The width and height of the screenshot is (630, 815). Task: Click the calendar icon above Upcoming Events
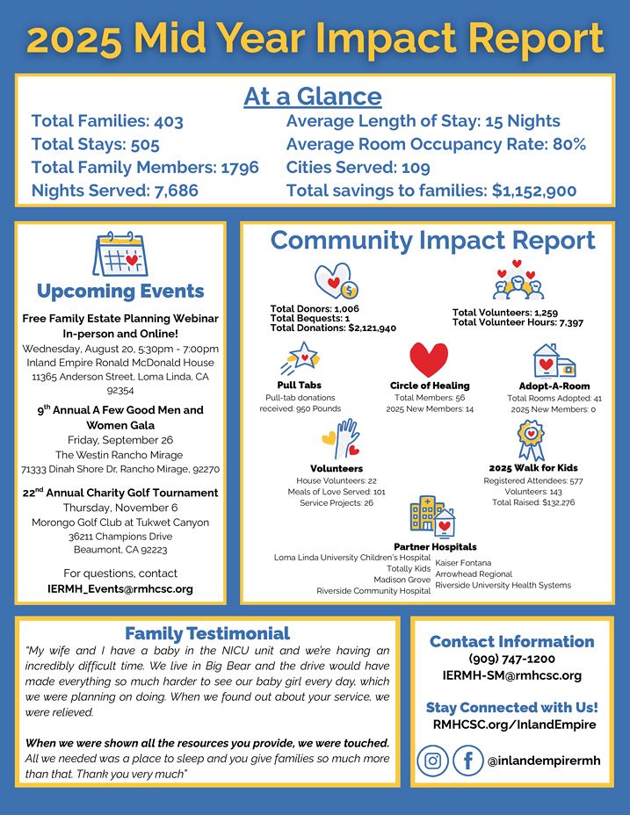[119, 255]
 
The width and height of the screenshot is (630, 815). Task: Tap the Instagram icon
[432, 761]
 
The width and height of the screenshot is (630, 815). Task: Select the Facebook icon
[468, 761]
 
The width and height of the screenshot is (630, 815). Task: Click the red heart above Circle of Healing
[429, 359]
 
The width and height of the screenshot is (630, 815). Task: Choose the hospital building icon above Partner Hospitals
[432, 517]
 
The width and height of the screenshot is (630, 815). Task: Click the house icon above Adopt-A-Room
[554, 360]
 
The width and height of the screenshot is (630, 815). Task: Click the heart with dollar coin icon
[337, 282]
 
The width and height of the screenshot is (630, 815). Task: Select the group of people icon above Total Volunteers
[518, 280]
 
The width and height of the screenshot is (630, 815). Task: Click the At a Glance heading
[313, 96]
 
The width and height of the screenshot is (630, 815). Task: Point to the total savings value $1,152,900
[534, 191]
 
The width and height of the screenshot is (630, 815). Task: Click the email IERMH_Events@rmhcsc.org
[120, 589]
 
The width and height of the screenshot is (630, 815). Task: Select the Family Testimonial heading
[207, 633]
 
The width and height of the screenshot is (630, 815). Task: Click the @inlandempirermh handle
[544, 761]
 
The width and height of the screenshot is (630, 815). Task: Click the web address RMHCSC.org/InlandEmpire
[514, 725]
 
